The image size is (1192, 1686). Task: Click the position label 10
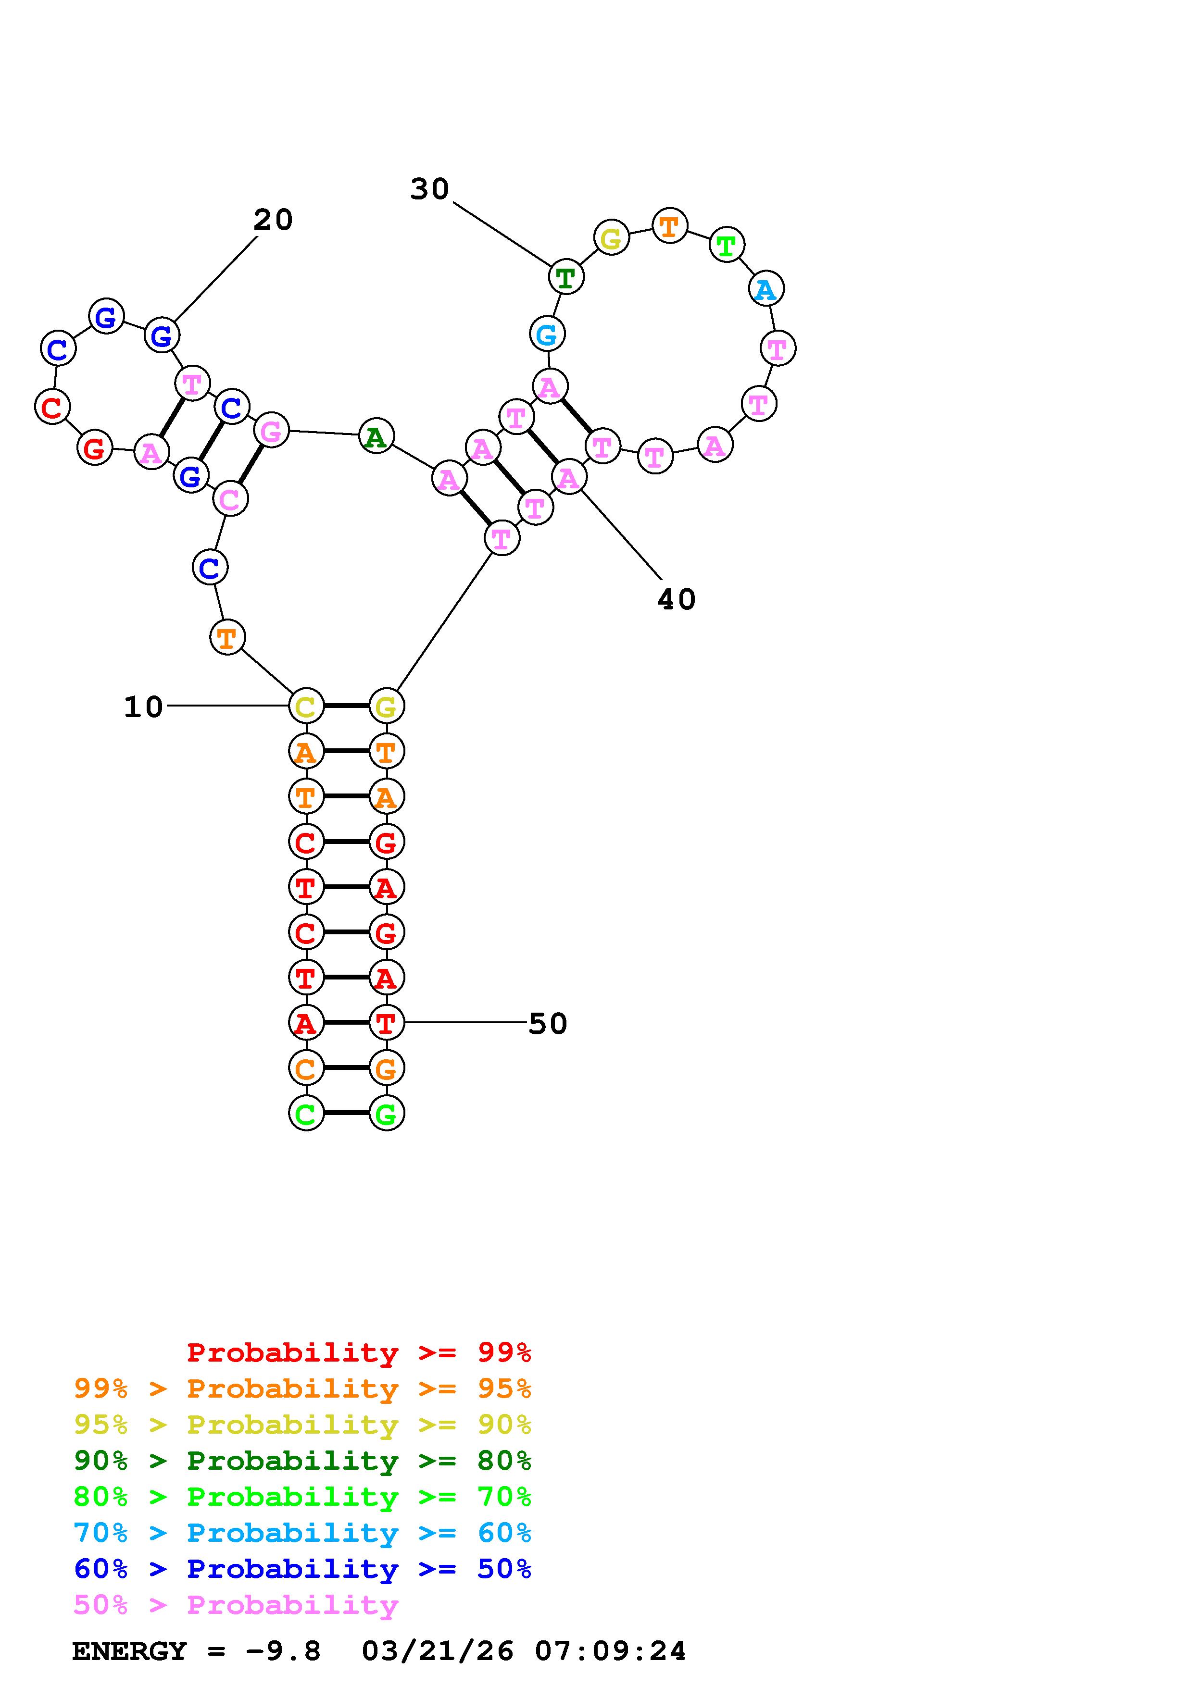[143, 707]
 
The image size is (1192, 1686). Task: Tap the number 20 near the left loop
[273, 220]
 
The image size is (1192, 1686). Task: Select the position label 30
[430, 189]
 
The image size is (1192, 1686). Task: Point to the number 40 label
[676, 600]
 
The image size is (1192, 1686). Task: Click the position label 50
[548, 1024]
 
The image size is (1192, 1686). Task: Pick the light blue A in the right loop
[766, 289]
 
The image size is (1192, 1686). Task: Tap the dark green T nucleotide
[565, 278]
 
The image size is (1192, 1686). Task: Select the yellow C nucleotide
[305, 707]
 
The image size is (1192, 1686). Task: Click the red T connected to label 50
[386, 1023]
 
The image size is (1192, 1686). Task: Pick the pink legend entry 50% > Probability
[236, 1604]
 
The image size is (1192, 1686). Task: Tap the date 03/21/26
[438, 1651]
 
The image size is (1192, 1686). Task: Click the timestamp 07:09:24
[610, 1651]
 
